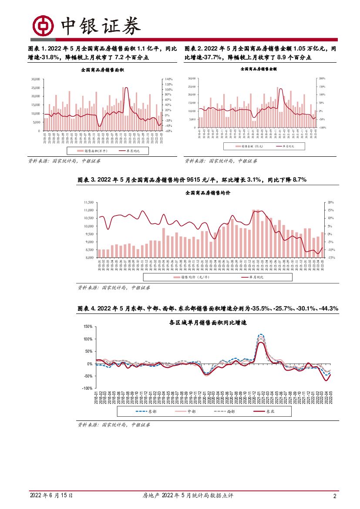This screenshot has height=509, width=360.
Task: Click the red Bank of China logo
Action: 43,27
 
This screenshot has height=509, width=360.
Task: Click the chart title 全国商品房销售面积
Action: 103,70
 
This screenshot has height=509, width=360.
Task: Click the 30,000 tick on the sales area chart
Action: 35,79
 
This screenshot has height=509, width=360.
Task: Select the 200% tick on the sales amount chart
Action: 323,78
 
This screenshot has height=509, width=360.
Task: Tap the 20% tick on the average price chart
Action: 330,202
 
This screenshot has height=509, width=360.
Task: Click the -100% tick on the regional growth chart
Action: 87,388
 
